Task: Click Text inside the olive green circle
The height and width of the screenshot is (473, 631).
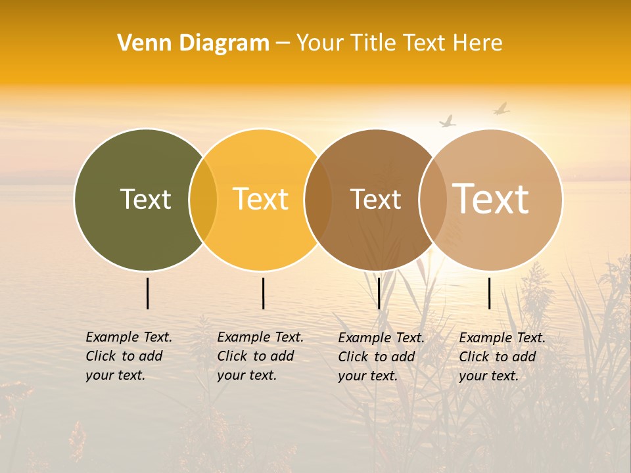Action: (x=145, y=199)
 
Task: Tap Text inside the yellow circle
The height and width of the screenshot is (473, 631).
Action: (x=261, y=199)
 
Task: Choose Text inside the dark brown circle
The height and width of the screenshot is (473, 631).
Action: (x=375, y=200)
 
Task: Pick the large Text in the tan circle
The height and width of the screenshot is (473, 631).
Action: (x=491, y=199)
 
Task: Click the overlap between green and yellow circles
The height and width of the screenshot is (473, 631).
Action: (x=203, y=199)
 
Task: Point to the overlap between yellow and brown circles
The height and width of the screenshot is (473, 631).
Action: (x=318, y=199)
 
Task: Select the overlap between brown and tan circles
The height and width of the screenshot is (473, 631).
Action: (x=432, y=199)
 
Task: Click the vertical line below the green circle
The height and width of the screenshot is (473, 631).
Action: (x=148, y=293)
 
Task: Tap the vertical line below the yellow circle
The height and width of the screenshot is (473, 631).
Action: (x=263, y=293)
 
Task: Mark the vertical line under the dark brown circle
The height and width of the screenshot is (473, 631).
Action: (x=379, y=293)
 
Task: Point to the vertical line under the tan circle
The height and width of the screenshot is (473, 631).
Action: (x=490, y=293)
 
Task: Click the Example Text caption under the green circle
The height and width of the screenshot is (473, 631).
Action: (x=129, y=356)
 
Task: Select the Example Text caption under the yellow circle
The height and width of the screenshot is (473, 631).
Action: (x=260, y=356)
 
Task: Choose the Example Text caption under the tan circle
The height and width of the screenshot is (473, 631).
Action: (x=502, y=357)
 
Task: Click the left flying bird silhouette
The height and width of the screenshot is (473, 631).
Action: (x=448, y=122)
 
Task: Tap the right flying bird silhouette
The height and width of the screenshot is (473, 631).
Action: (x=502, y=108)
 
